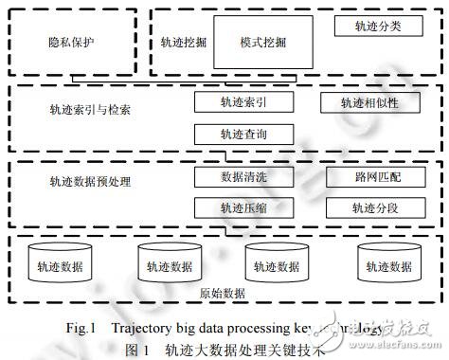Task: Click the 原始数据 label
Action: (x=224, y=294)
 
